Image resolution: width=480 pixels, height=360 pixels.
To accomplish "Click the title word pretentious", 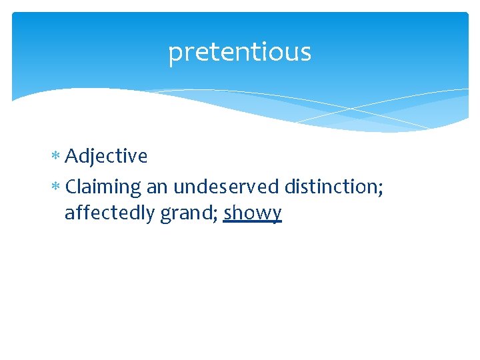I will (239, 52).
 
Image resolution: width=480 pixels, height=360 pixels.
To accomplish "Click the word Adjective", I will (106, 157).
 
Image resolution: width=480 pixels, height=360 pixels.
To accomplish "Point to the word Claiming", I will (103, 187).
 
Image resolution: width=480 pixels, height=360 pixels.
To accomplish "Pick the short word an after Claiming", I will (157, 187).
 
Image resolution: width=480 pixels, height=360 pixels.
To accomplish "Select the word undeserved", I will (227, 187).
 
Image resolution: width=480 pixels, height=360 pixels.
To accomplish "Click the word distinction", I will (331, 187).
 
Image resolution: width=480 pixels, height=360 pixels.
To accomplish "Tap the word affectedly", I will (110, 213).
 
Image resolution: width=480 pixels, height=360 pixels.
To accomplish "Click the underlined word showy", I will (253, 213).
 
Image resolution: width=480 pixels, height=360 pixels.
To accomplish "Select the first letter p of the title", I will (174, 53).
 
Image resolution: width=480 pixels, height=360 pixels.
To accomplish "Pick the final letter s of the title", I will (306, 53).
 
